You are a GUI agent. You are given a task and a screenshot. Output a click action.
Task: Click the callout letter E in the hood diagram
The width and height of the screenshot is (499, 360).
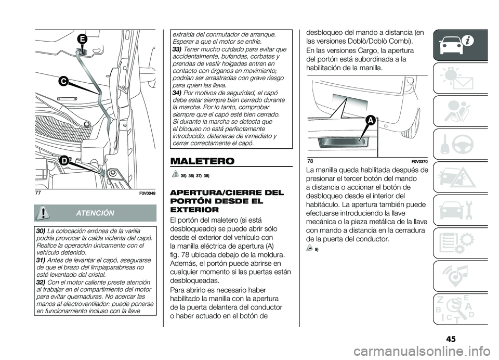pos(83,38)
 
